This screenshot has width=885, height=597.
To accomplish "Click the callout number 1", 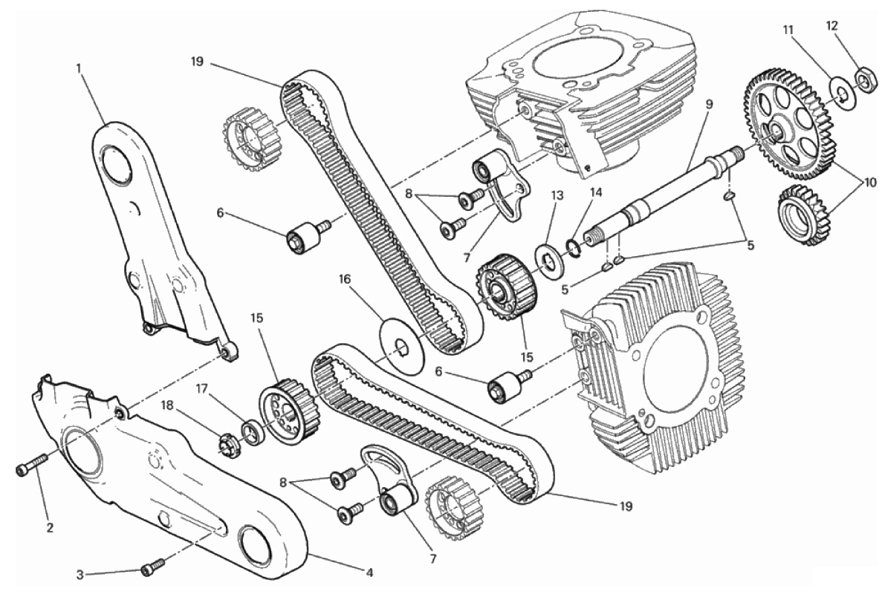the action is [79, 68].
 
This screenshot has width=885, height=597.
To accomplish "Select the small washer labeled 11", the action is [842, 92].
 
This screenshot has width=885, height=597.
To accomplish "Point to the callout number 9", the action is [710, 104].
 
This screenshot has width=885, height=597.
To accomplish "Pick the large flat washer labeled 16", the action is [403, 347].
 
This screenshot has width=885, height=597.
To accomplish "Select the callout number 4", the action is [369, 573].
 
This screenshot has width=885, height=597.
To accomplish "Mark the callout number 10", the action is [869, 182].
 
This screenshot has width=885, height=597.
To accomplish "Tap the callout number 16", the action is [346, 278].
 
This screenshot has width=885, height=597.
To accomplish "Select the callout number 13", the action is [557, 195].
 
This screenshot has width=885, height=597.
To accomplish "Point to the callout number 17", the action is [202, 388].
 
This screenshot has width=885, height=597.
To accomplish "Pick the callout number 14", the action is [596, 192].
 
